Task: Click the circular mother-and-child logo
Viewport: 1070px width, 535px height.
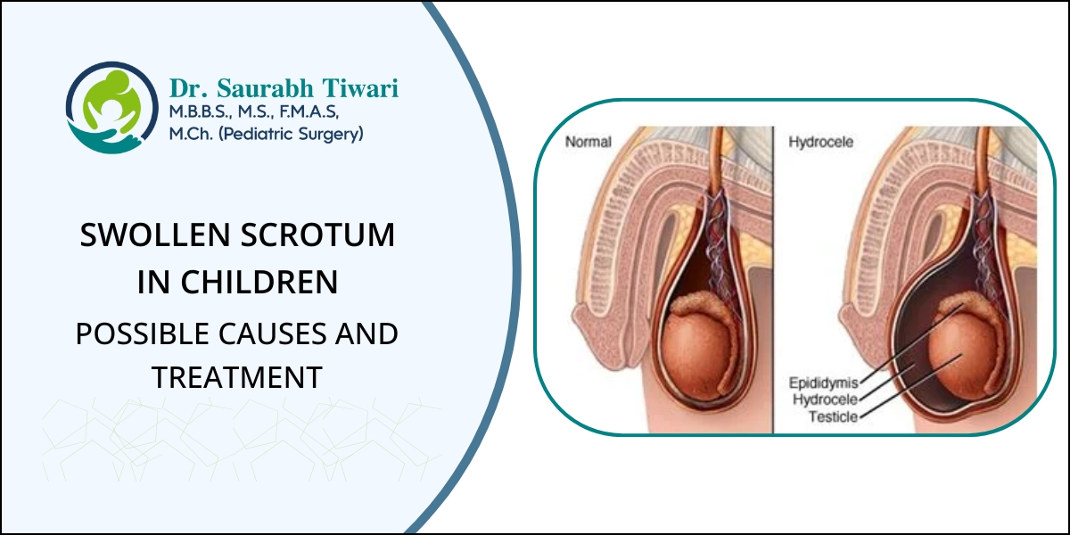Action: coord(111,108)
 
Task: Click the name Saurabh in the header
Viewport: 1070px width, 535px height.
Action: coord(265,88)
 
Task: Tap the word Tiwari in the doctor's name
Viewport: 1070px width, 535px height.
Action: coord(360,88)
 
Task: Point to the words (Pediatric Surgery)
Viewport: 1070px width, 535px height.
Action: coord(291,134)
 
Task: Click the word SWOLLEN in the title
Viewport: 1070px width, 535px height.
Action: coord(155,235)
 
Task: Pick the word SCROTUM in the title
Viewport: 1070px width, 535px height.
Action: coord(317,235)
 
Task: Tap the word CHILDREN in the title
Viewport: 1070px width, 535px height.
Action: coord(259,282)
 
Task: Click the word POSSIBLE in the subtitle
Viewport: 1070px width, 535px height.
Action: coord(143,333)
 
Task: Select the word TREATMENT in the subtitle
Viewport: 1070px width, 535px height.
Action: coord(237,377)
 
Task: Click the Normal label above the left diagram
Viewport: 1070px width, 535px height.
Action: coord(588,142)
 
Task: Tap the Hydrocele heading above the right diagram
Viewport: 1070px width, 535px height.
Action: coord(820,142)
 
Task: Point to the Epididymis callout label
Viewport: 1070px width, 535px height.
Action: coord(824,383)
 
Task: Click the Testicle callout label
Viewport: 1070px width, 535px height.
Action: coord(834,417)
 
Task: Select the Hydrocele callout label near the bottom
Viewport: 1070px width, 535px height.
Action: coord(826,399)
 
